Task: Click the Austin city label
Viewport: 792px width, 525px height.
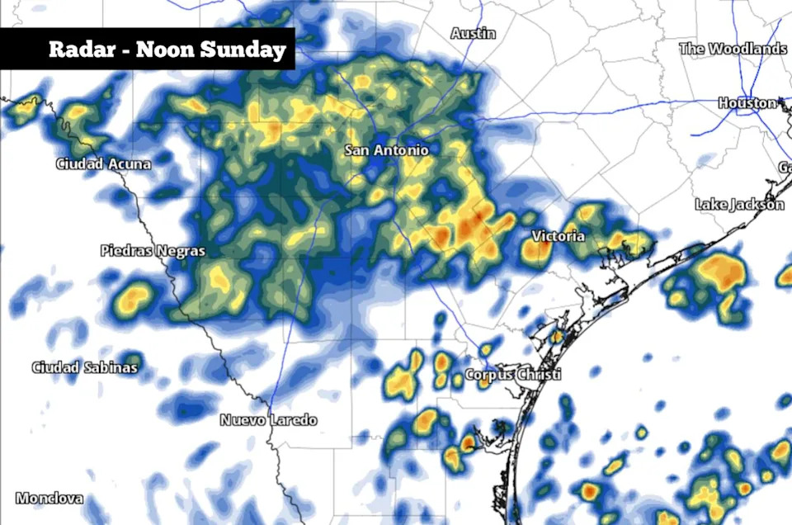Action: (474, 33)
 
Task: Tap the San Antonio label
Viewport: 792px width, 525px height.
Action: (386, 150)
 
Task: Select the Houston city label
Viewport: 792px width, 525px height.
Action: (747, 103)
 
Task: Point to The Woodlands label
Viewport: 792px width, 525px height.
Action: (733, 49)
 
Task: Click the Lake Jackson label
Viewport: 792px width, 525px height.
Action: (739, 204)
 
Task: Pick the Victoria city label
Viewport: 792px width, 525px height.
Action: (558, 236)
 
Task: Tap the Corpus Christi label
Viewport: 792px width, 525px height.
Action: (513, 375)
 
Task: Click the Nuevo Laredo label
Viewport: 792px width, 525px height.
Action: (268, 420)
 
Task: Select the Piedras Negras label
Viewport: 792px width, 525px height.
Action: (153, 250)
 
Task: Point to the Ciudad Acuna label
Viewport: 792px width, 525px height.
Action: (103, 164)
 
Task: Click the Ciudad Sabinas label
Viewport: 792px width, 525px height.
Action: (84, 367)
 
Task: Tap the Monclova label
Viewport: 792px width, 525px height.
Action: (49, 499)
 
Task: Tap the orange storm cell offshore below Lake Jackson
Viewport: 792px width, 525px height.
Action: (719, 272)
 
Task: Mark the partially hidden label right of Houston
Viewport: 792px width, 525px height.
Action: (785, 168)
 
